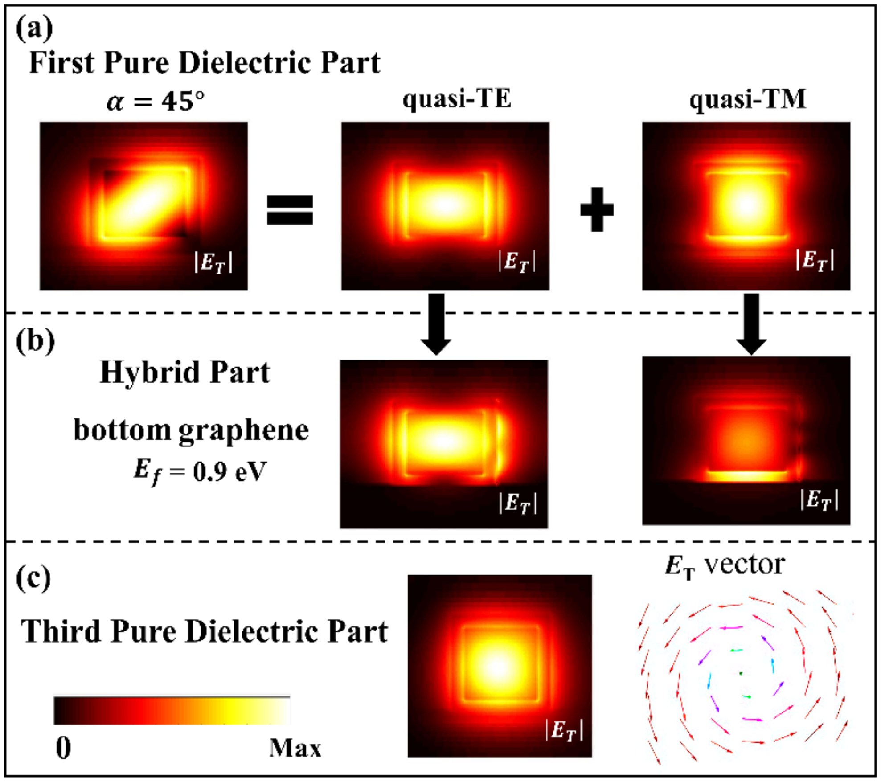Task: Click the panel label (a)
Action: coord(34,29)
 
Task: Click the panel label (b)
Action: coord(35,342)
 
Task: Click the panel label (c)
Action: coord(34,579)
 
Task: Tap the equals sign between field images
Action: coord(290,210)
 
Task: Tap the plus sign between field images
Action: coord(597,209)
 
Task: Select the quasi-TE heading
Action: coord(457,99)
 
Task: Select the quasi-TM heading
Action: coord(747,99)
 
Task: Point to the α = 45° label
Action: coord(156,102)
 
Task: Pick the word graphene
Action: coord(244,431)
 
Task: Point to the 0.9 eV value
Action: coord(229,472)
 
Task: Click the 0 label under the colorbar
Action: coord(63,748)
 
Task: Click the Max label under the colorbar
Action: coord(295,748)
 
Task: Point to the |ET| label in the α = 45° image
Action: coord(213,262)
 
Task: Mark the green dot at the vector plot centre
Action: coord(741,673)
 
